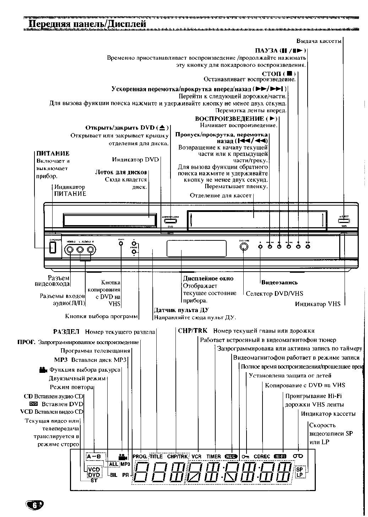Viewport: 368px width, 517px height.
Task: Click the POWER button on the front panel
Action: pos(53,247)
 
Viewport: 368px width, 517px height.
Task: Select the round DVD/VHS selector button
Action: pos(244,247)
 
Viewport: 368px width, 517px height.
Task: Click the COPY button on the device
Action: pos(121,243)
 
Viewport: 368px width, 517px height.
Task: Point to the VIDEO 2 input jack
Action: pos(70,250)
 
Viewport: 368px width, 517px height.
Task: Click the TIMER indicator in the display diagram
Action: pos(213,456)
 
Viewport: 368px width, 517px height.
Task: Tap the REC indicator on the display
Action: pos(231,456)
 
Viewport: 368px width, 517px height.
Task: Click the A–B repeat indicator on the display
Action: pos(94,456)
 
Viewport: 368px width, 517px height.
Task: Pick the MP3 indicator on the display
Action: pos(125,464)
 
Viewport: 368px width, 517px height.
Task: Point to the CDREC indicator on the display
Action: pos(262,456)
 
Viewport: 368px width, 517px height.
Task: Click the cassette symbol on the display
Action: pos(298,456)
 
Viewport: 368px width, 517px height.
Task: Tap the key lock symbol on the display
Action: pos(245,456)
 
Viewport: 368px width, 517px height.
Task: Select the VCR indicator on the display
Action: pos(196,456)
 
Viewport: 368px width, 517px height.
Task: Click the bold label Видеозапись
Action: pos(280,283)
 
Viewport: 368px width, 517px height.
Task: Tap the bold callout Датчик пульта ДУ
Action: pos(181,310)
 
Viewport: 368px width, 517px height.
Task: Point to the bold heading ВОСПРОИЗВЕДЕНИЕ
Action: pos(229,119)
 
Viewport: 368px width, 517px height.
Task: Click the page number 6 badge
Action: pos(34,505)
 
